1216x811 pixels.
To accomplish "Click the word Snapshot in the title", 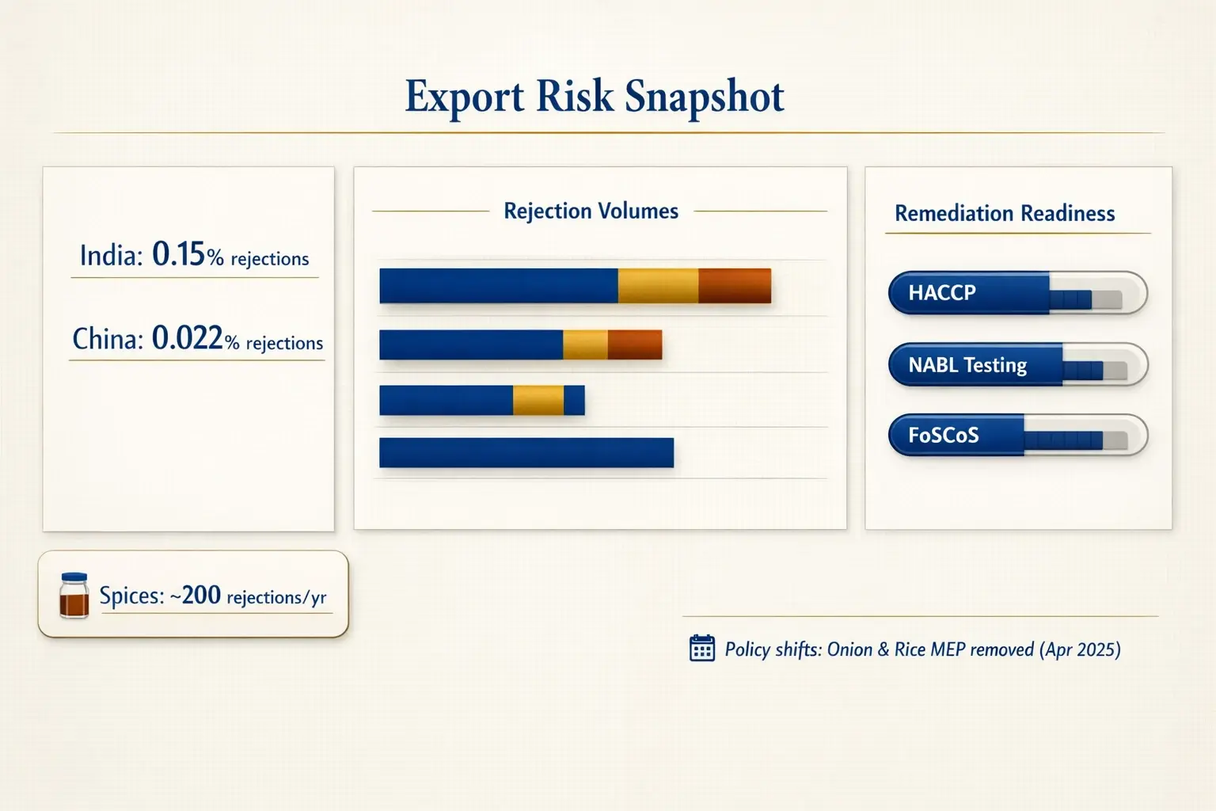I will coord(704,97).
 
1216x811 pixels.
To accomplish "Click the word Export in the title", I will coord(464,97).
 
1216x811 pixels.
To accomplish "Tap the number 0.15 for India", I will coord(178,254).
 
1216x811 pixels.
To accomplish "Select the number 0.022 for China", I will coord(187,338).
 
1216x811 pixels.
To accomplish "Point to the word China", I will coord(108,339).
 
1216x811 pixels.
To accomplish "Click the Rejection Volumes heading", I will coord(591,211).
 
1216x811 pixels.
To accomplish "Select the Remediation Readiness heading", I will coord(1004,214).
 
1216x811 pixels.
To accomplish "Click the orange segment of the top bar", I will coord(735,286).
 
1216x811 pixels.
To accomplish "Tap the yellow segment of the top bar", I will coord(658,286).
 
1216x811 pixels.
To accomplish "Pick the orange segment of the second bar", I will coord(634,345).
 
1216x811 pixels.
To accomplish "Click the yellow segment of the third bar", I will coord(538,401).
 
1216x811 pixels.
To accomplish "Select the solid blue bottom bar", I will coord(526,453).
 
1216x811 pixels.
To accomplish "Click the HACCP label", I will coord(941,293).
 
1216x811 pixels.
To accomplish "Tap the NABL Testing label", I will coord(967,365).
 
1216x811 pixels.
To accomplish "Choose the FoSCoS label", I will coord(943,436).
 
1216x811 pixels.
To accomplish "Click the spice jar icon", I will coord(74,596).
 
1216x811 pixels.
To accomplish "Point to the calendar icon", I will coord(701,648).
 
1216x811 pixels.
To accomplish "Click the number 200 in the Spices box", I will coord(201,595).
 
